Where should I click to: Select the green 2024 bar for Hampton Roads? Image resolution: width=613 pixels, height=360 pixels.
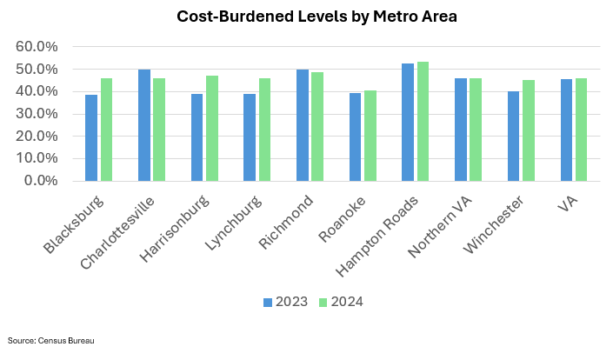tap(423, 122)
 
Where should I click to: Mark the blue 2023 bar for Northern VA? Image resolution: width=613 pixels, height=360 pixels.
tap(462, 130)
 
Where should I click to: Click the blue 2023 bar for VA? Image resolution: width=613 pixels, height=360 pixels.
tap(568, 130)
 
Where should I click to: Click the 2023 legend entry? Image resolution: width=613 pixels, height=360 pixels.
tap(283, 302)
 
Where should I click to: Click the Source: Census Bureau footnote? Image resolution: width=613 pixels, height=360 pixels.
tap(50, 340)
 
